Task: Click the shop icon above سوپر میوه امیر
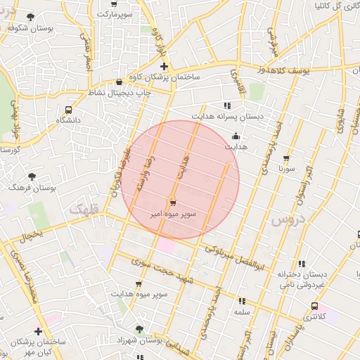tap(173, 202)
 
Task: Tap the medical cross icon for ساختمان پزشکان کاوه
tap(164, 67)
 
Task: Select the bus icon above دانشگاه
tap(68, 110)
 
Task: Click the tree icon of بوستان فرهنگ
tap(32, 177)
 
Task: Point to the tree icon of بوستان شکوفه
tap(30, 17)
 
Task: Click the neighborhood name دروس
tap(285, 220)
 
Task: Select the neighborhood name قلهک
tap(84, 208)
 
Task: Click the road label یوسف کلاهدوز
tap(259, 70)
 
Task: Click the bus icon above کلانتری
tap(314, 306)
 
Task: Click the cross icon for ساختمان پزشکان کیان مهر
tap(38, 331)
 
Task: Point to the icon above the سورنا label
tap(285, 158)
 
